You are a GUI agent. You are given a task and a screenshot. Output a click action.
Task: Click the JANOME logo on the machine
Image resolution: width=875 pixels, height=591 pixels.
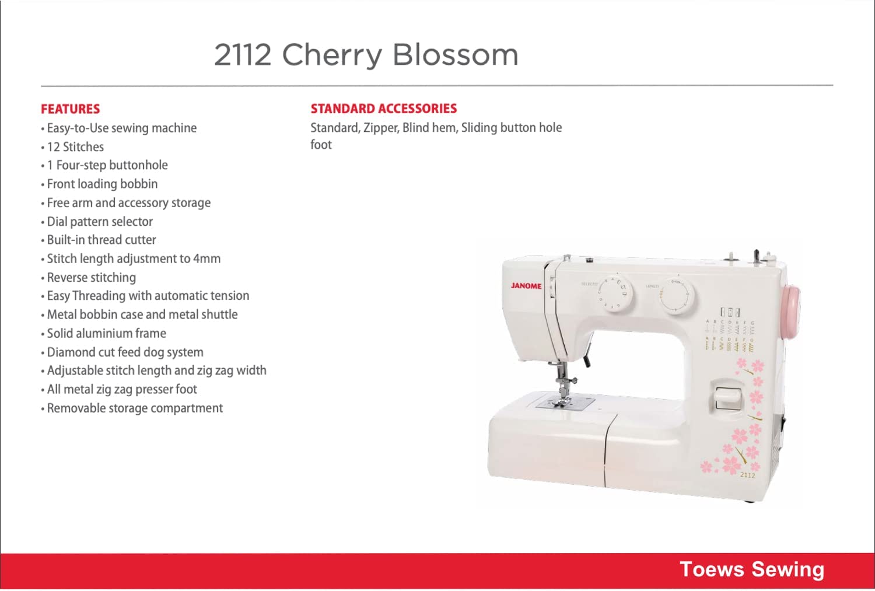click(x=526, y=286)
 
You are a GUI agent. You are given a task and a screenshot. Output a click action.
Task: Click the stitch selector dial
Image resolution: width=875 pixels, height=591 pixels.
click(x=615, y=293)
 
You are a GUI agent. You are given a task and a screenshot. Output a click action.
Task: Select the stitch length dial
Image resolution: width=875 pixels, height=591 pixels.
click(x=677, y=296)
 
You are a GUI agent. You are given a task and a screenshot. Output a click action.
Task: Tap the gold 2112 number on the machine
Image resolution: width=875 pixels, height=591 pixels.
click(x=747, y=475)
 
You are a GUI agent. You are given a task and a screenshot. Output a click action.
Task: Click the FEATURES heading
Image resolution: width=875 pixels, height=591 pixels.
click(x=71, y=109)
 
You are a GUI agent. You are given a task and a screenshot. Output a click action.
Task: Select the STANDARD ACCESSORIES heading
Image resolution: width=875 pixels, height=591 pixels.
click(x=384, y=109)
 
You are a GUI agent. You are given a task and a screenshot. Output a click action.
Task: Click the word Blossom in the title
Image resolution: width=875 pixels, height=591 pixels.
click(x=456, y=55)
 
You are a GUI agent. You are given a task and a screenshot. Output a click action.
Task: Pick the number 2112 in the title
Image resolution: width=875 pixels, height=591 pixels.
click(x=243, y=55)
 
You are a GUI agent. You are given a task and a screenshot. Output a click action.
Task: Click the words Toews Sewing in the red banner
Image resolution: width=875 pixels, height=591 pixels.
click(x=752, y=569)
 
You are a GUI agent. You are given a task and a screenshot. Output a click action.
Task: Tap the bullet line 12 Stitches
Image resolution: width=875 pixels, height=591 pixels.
click(x=73, y=147)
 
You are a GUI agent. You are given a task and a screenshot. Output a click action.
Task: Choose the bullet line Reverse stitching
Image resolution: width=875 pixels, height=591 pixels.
click(x=89, y=278)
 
